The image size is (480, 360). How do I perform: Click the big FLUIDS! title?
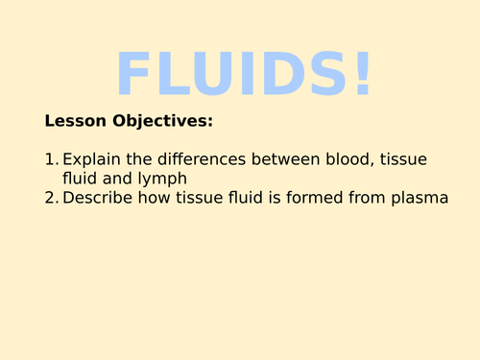click(243, 74)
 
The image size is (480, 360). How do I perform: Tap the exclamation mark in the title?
click(361, 74)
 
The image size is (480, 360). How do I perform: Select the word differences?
click(204, 159)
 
